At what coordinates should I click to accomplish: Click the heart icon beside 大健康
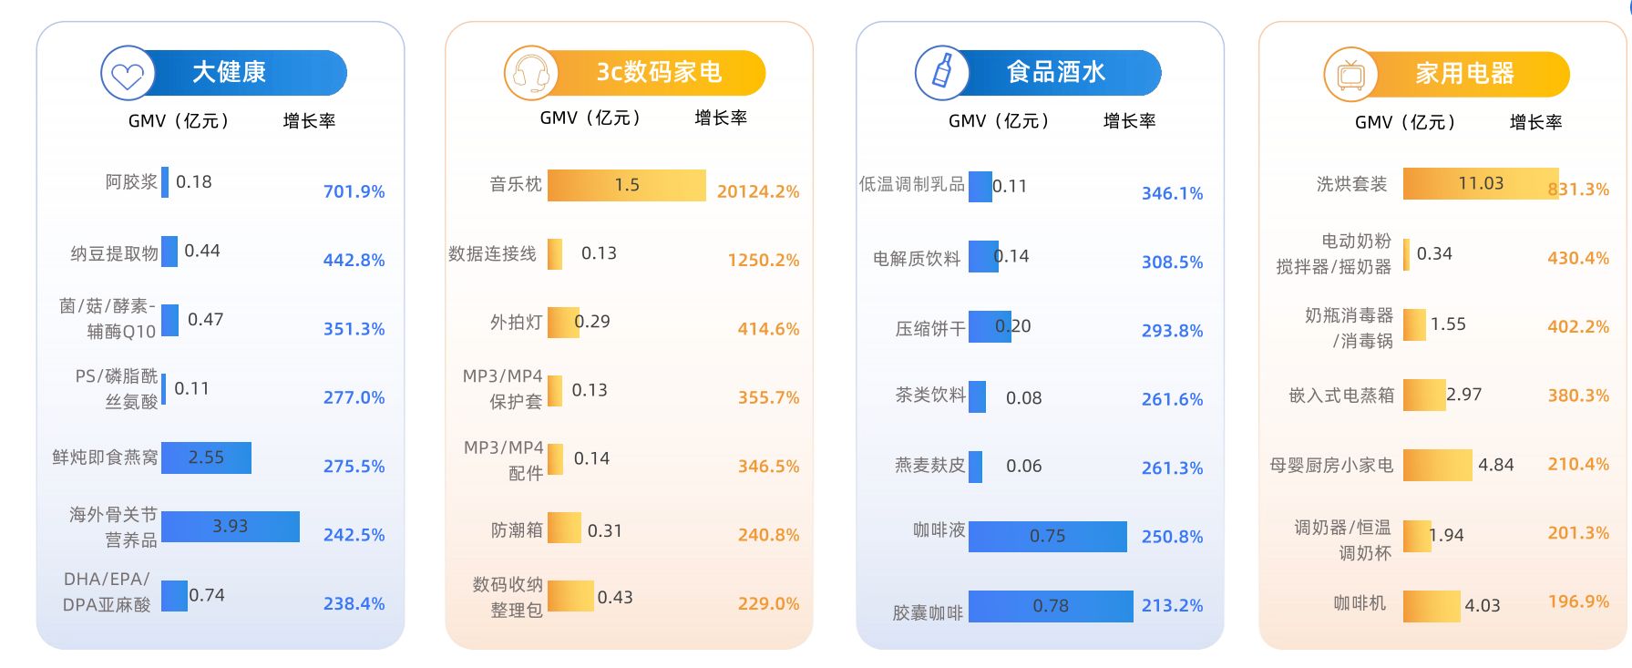coord(128,74)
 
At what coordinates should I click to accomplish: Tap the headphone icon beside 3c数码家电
coord(530,74)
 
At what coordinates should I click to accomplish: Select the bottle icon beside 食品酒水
coord(942,73)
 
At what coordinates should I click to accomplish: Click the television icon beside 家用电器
coord(1350,75)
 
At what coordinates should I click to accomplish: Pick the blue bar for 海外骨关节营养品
coord(231,527)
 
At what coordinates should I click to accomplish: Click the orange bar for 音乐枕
coord(626,185)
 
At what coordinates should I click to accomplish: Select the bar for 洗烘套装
coord(1480,183)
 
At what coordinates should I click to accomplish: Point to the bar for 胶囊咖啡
coord(1050,606)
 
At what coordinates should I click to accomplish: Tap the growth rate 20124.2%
coord(757,191)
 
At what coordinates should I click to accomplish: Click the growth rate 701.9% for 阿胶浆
coord(354,191)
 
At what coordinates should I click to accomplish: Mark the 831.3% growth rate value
coord(1578,190)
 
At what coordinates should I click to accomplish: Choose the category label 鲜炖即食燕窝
coord(105,457)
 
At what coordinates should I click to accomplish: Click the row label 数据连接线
coord(492,254)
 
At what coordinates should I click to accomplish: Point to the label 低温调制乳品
coord(911,185)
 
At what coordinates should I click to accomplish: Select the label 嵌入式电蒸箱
coord(1341,396)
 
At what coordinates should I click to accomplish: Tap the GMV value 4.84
coord(1495,465)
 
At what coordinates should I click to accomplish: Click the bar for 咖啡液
coord(1047,537)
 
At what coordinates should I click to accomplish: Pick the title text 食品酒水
coord(1055,73)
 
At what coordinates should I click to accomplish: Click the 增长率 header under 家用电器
coord(1535,122)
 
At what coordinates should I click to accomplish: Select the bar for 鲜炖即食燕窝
coord(206,457)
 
